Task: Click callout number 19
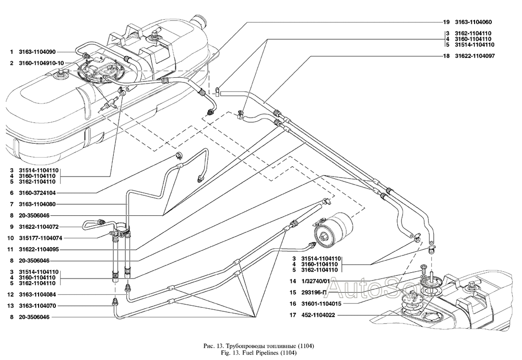[446, 22]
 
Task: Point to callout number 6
[11, 193]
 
